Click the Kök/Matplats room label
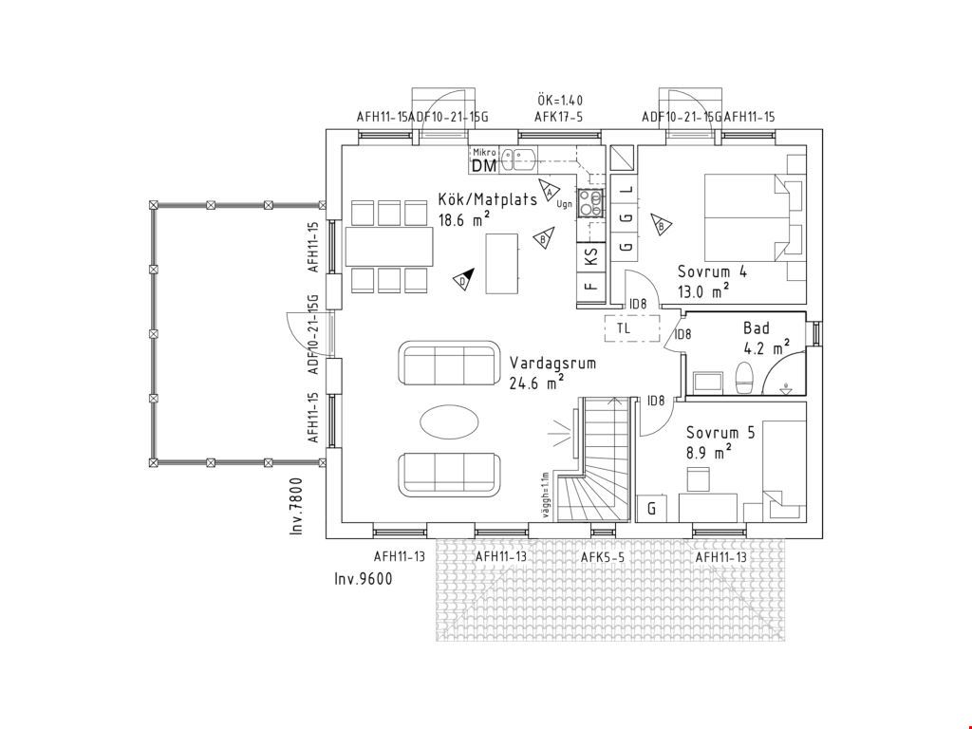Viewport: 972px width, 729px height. [487, 199]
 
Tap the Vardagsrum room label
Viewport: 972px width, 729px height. [552, 363]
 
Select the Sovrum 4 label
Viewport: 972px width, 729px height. [712, 271]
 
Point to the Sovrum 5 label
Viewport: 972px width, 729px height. [720, 433]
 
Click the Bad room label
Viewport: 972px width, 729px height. [757, 327]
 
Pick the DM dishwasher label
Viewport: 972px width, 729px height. [484, 166]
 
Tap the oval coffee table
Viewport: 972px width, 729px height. [449, 422]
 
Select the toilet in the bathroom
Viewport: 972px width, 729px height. [744, 378]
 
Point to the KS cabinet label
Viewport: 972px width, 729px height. [591, 254]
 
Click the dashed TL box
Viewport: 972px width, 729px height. [632, 327]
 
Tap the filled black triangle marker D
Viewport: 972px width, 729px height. [464, 280]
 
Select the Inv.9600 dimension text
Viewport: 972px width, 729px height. [364, 579]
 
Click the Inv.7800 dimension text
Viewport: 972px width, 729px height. [297, 506]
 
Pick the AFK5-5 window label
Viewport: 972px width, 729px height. [603, 557]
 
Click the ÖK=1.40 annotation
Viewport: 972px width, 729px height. [560, 101]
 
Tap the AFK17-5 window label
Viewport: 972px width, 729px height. [558, 117]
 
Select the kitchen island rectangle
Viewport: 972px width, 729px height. [502, 264]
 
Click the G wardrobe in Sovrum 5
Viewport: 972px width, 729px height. [651, 509]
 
